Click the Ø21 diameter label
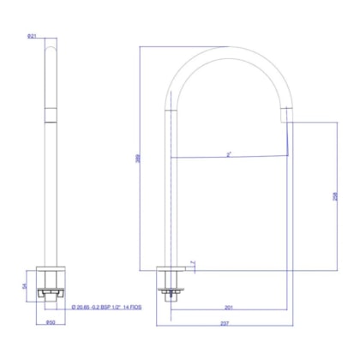click(31, 35)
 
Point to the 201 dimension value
click(229, 306)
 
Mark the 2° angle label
click(229, 155)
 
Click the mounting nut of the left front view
click(51, 296)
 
